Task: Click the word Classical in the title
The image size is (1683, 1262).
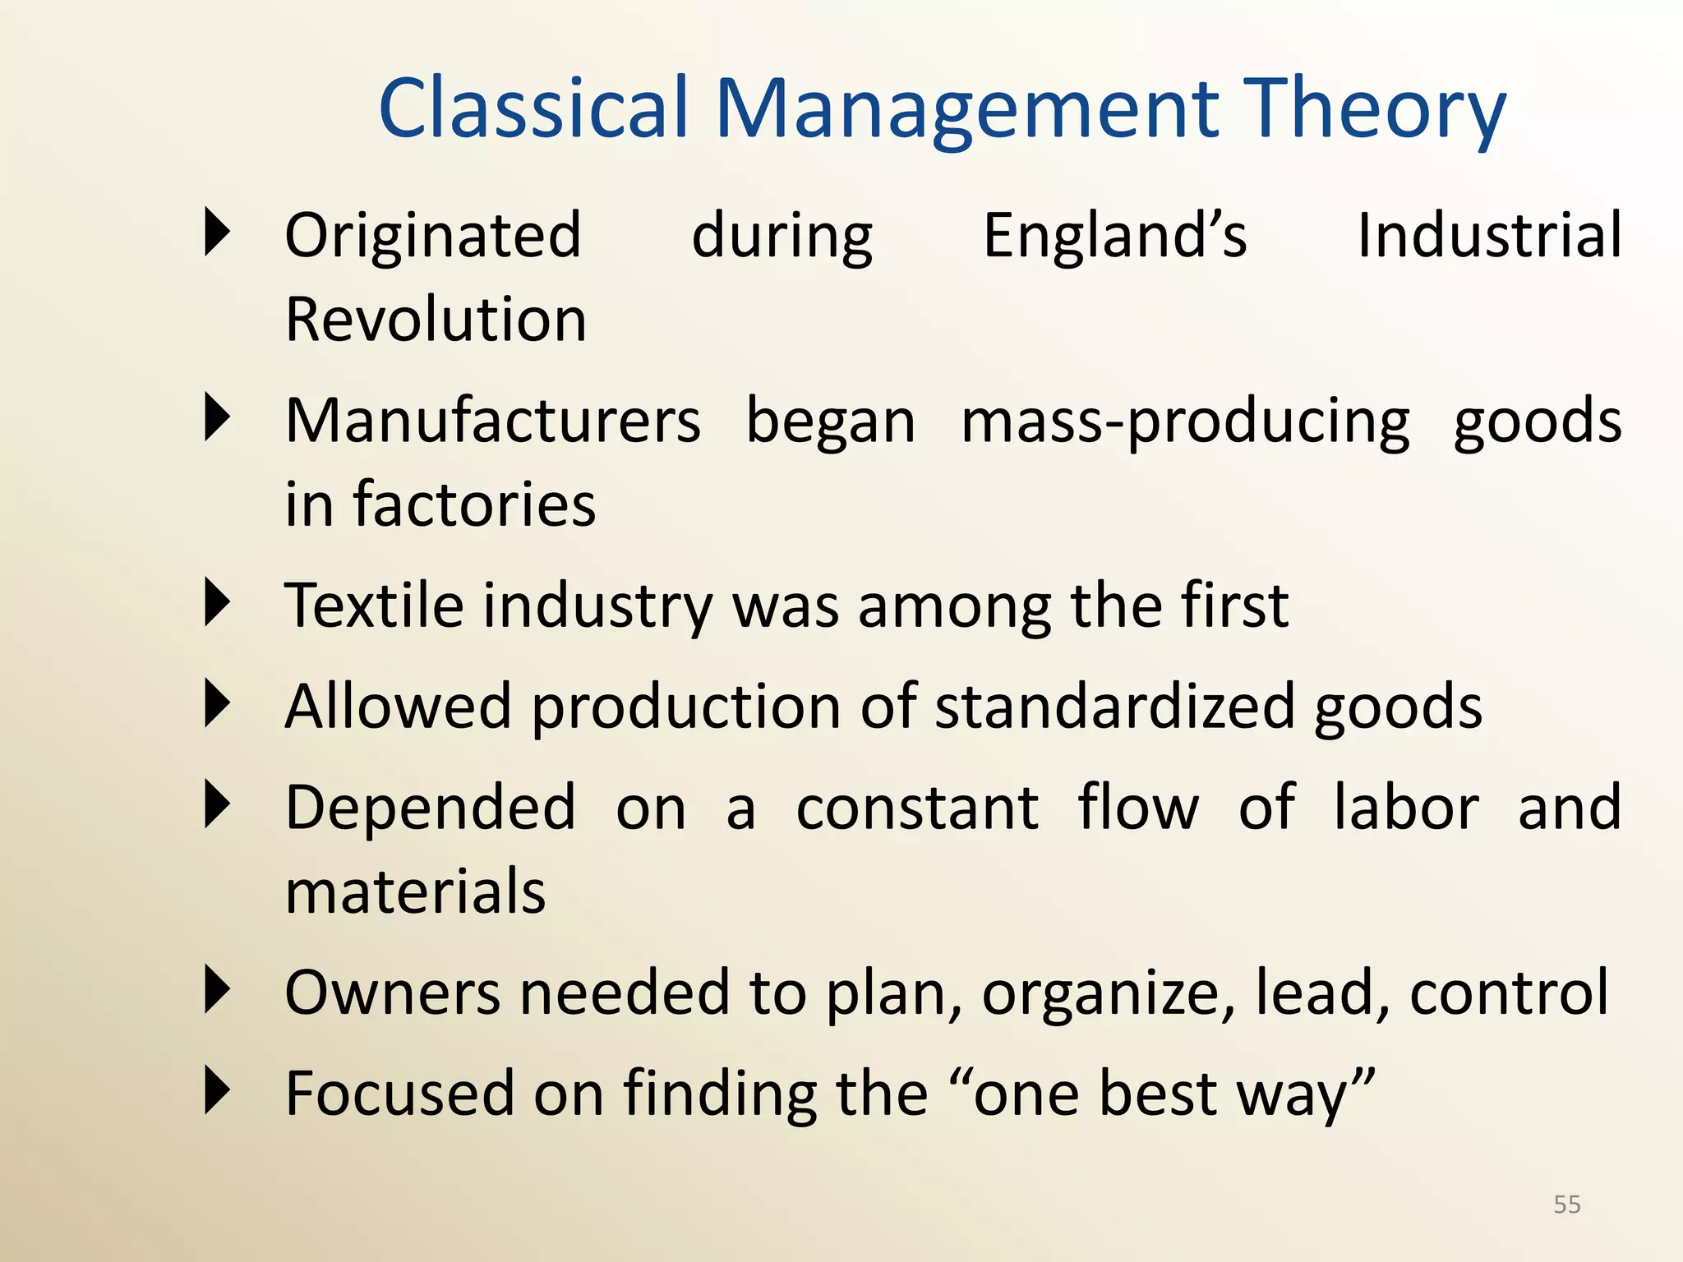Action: (533, 108)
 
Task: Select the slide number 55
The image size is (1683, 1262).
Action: (1566, 1204)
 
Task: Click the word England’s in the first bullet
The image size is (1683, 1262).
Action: (1114, 236)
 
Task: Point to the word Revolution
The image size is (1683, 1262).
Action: (436, 320)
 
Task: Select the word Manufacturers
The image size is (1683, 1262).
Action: (492, 421)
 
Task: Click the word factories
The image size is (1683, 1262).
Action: (474, 504)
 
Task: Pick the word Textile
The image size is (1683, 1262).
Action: (374, 606)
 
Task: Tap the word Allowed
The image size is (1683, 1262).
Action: (398, 707)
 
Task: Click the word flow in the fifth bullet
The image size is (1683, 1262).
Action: (1138, 808)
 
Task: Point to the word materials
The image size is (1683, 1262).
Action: (415, 892)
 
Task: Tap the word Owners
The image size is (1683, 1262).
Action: (392, 993)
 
